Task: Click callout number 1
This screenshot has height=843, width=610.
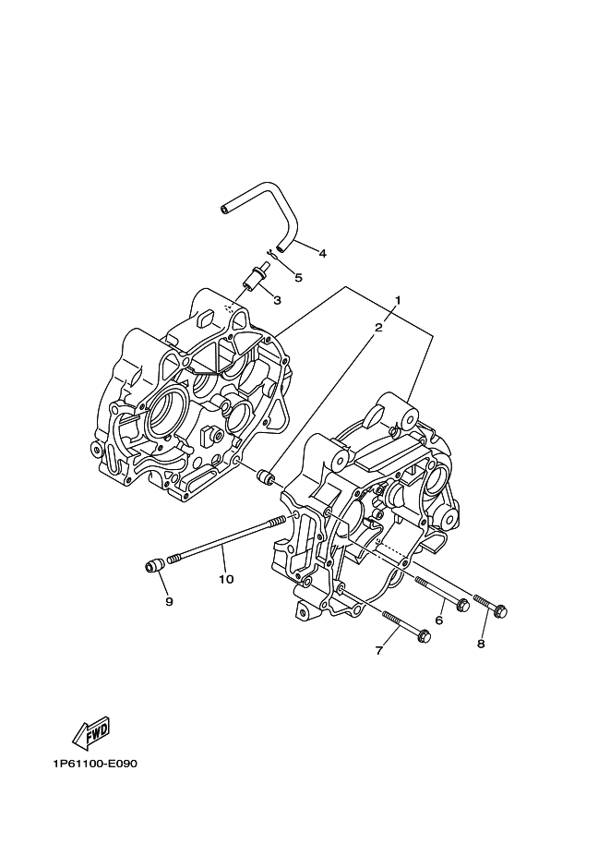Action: click(x=398, y=299)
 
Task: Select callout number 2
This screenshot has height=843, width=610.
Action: click(x=378, y=328)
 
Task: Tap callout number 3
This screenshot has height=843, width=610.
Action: click(x=278, y=300)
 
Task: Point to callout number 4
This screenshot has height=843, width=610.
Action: click(x=322, y=253)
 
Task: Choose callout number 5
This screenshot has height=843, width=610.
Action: click(x=298, y=277)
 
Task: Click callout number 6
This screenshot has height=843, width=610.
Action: click(x=438, y=620)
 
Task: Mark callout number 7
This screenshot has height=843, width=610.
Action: click(x=379, y=651)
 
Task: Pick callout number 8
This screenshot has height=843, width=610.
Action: click(x=481, y=644)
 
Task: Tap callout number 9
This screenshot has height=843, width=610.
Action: click(x=169, y=602)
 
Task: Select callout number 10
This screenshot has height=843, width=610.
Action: click(x=226, y=579)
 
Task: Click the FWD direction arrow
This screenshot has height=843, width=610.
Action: click(x=91, y=733)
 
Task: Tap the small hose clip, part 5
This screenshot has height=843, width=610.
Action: click(x=272, y=254)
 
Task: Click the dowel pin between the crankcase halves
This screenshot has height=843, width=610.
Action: click(x=266, y=476)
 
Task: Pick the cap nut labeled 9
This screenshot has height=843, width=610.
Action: click(x=154, y=566)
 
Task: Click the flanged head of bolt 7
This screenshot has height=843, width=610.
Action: click(x=423, y=635)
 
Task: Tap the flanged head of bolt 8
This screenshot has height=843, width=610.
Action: click(x=499, y=610)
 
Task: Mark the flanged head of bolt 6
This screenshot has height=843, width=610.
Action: click(x=461, y=606)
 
